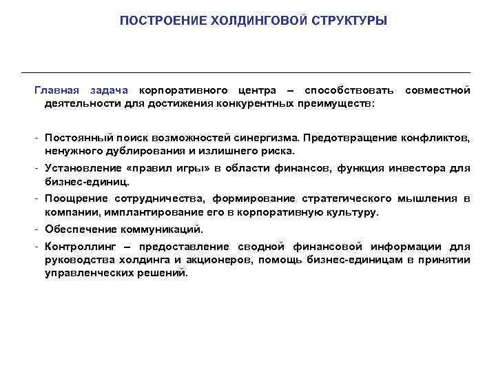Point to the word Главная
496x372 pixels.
(x=57, y=90)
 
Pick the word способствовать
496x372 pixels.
(x=349, y=90)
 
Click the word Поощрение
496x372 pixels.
(x=73, y=198)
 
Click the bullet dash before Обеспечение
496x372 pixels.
(x=38, y=229)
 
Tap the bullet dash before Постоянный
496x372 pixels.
(x=38, y=138)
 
